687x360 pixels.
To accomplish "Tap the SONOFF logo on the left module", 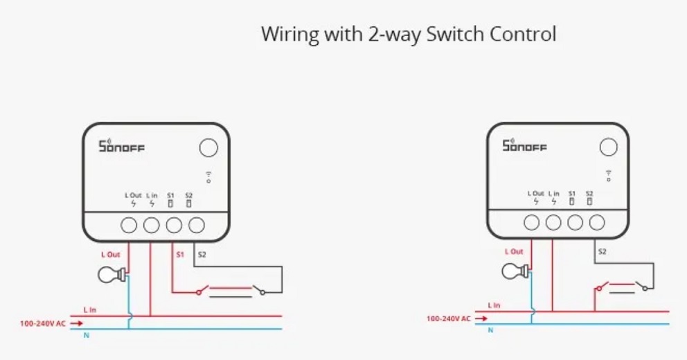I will pyautogui.click(x=122, y=146).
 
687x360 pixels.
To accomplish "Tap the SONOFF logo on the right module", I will pyautogui.click(x=524, y=145).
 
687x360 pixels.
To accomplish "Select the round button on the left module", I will pyautogui.click(x=208, y=147).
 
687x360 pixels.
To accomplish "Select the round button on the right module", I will pyautogui.click(x=608, y=147).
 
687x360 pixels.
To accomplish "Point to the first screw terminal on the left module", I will pyautogui.click(x=130, y=225).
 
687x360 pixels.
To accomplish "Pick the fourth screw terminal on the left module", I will pyautogui.click(x=197, y=225).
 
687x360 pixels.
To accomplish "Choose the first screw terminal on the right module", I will pyautogui.click(x=532, y=223).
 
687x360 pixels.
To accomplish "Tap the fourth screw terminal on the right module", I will pyautogui.click(x=596, y=223).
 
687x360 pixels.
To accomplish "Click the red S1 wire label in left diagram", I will pyautogui.click(x=179, y=255).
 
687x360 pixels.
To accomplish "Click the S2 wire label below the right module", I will pyautogui.click(x=602, y=251).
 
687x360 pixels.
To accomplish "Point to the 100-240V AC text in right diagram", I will pyautogui.click(x=448, y=318).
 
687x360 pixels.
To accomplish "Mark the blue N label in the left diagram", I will pyautogui.click(x=85, y=336).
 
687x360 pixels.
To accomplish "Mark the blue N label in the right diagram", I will pyautogui.click(x=490, y=330).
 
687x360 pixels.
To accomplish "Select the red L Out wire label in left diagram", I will pyautogui.click(x=111, y=255).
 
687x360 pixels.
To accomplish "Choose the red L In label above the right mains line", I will pyautogui.click(x=494, y=305).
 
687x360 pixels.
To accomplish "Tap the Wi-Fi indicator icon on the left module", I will pyautogui.click(x=208, y=177).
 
